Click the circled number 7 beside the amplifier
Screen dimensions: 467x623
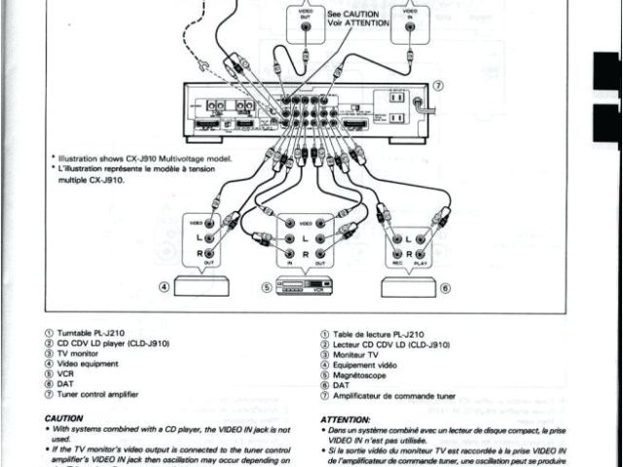[x=438, y=86]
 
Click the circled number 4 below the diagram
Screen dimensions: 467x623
[x=165, y=287]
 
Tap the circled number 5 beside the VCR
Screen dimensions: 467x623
[x=265, y=288]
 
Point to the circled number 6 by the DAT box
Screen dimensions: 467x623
[x=446, y=288]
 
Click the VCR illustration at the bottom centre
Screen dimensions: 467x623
[x=305, y=286]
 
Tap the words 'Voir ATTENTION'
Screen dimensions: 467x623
[x=358, y=22]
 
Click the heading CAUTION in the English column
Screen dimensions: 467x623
[x=64, y=418]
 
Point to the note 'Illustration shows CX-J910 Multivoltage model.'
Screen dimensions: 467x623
[x=146, y=157]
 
